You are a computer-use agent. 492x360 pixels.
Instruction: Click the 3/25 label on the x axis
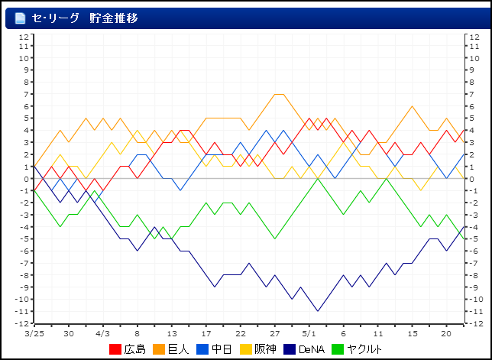(x=34, y=333)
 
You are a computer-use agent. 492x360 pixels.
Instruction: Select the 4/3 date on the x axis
(x=102, y=333)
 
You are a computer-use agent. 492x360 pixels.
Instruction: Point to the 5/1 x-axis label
(x=309, y=333)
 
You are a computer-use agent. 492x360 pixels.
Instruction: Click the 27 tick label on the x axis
(x=275, y=333)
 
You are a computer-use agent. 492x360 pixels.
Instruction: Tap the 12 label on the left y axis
(x=24, y=35)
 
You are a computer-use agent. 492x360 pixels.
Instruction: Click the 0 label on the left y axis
(x=27, y=179)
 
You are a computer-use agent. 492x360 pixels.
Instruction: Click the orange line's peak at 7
(x=279, y=95)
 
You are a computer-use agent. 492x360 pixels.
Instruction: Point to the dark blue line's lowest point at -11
(x=318, y=311)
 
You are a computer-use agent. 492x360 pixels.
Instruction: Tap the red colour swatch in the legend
(x=115, y=349)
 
